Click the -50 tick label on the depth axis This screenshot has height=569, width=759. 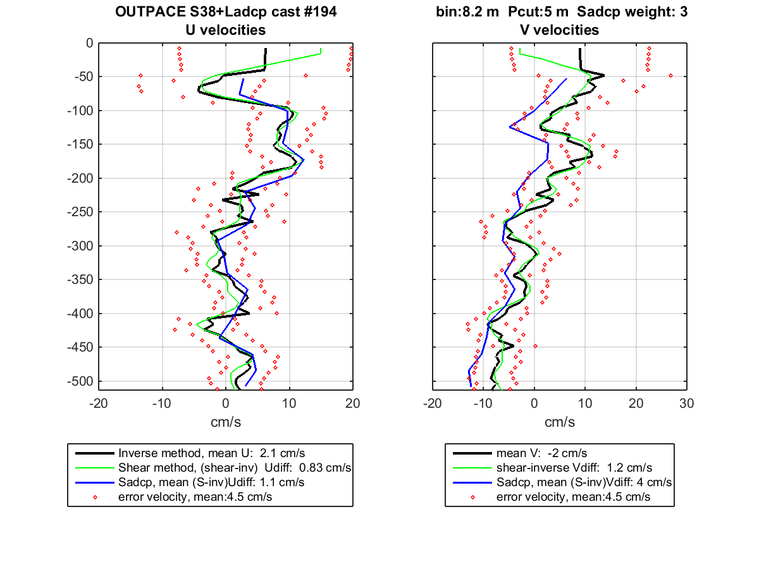click(x=83, y=76)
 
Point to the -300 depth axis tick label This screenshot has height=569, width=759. click(x=80, y=246)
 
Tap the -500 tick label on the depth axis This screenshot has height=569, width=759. click(x=80, y=381)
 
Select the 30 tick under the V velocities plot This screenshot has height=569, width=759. click(x=686, y=403)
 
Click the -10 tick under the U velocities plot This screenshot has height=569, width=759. click(x=162, y=403)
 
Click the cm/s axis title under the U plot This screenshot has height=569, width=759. click(x=226, y=422)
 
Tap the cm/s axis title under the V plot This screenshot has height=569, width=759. click(x=560, y=422)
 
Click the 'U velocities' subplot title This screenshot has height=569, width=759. click(x=226, y=30)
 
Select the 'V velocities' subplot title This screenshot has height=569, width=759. click(x=560, y=30)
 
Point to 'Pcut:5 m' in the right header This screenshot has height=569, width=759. click(x=538, y=12)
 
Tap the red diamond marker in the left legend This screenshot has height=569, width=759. click(x=95, y=497)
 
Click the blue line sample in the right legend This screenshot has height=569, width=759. click(x=472, y=482)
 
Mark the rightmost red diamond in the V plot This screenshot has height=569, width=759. click(x=670, y=75)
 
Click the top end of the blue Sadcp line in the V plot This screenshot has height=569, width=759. click(x=566, y=79)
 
